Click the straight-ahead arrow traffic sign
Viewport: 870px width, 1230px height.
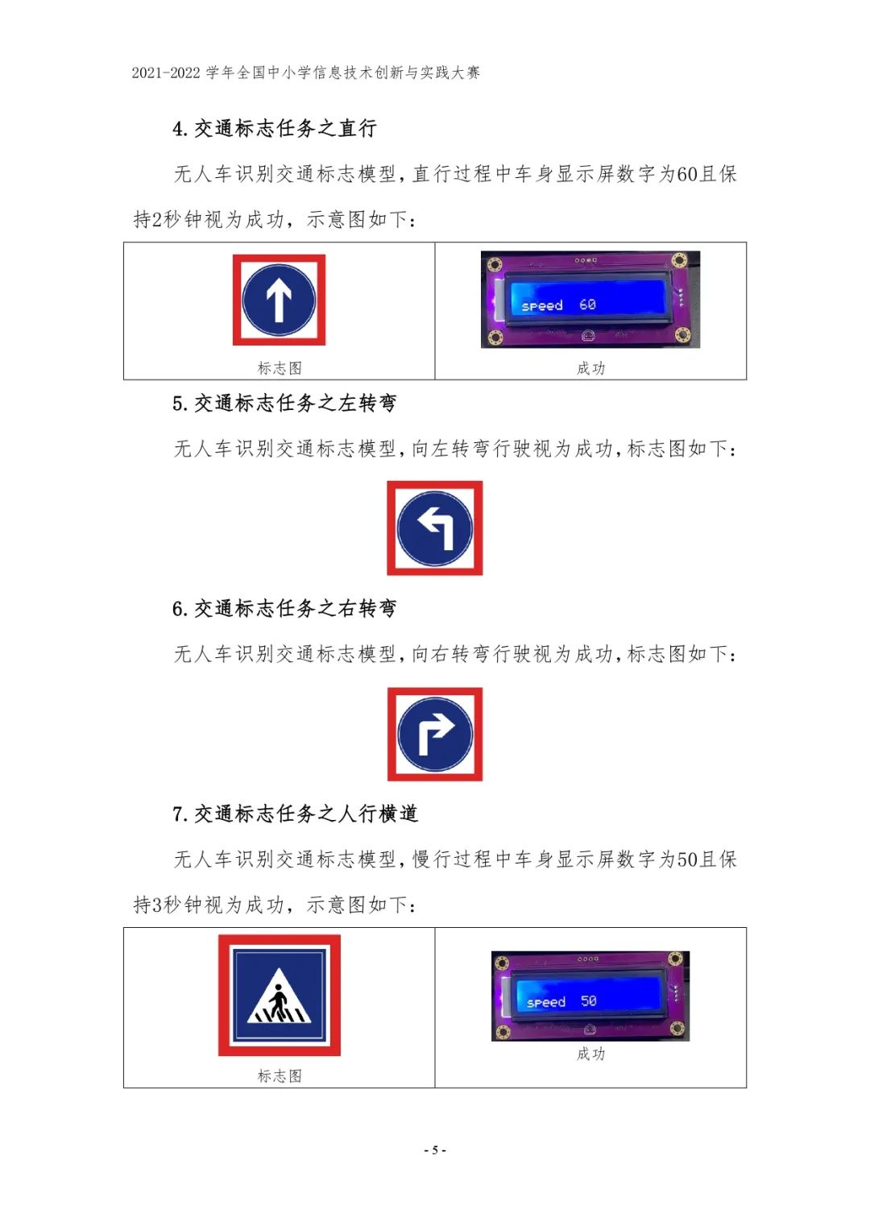279,300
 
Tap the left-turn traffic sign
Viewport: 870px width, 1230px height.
434,528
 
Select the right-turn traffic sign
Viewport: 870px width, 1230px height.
434,734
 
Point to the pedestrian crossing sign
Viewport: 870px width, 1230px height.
279,995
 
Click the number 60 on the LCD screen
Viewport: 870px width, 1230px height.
587,304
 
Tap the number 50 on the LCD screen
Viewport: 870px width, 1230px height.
588,1000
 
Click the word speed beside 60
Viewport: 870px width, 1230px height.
542,305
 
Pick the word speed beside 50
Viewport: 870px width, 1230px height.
546,1002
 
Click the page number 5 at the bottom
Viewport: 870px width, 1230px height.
435,1150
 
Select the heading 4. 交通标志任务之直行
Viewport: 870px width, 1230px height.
275,129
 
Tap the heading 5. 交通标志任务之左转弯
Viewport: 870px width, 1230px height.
284,403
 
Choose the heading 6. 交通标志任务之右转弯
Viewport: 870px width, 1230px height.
284,608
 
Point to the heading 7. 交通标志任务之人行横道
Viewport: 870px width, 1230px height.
296,814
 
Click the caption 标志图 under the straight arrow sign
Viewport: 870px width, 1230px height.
280,368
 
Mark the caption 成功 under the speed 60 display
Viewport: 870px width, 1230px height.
591,368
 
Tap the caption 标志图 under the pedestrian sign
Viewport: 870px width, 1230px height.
280,1075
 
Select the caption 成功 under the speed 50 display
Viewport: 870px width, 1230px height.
591,1053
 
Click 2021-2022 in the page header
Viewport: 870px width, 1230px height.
166,72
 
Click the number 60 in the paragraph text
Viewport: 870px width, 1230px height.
687,174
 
